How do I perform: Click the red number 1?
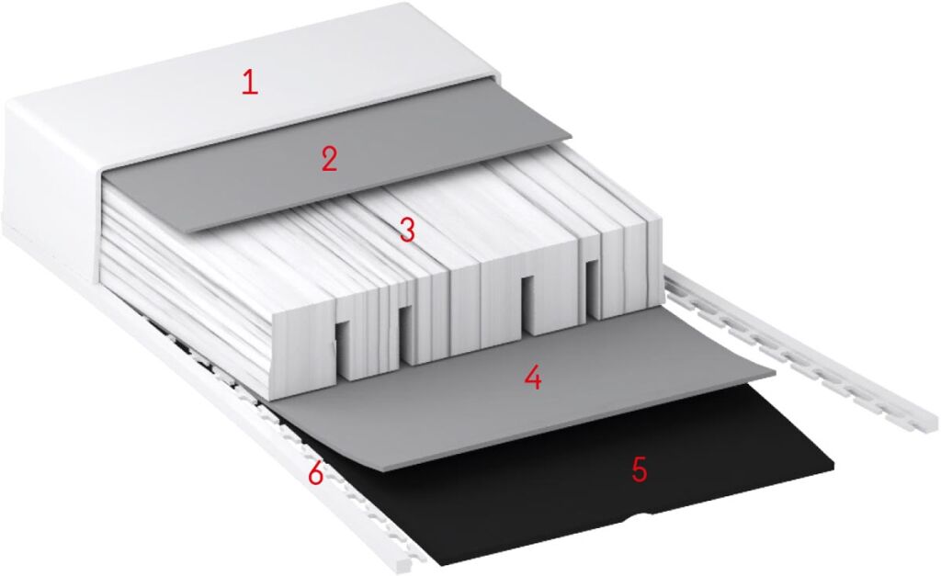pos(250,82)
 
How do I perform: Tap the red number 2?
pos(329,160)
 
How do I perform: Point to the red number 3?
pos(407,230)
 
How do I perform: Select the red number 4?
pos(533,378)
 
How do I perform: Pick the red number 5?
pos(640,469)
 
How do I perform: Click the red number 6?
pos(316,473)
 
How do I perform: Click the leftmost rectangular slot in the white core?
pos(343,348)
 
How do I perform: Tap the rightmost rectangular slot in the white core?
pos(592,288)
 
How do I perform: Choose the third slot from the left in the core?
pos(528,304)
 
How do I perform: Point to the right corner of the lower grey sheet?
pos(776,373)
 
